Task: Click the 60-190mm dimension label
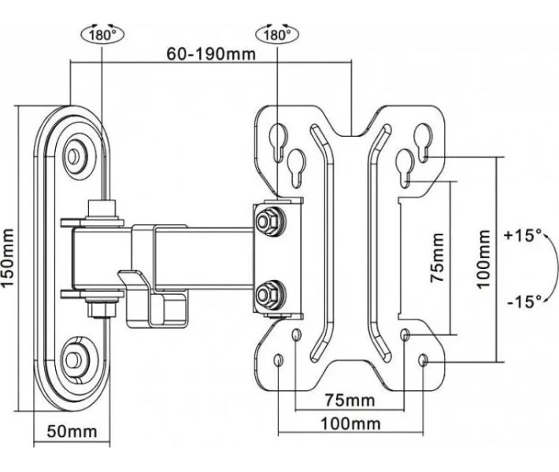pyautogui.click(x=211, y=54)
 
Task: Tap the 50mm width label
pyautogui.click(x=72, y=431)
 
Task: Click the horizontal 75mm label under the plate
pyautogui.click(x=350, y=400)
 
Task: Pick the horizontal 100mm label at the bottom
pyautogui.click(x=351, y=424)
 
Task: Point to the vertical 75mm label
pyautogui.click(x=437, y=257)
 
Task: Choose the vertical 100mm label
pyautogui.click(x=483, y=260)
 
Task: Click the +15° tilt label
pyautogui.click(x=523, y=235)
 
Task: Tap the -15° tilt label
pyautogui.click(x=524, y=302)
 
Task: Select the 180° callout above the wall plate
pyautogui.click(x=102, y=35)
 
